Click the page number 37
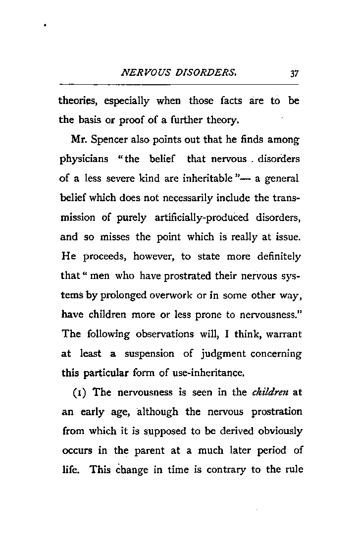point(294,74)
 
